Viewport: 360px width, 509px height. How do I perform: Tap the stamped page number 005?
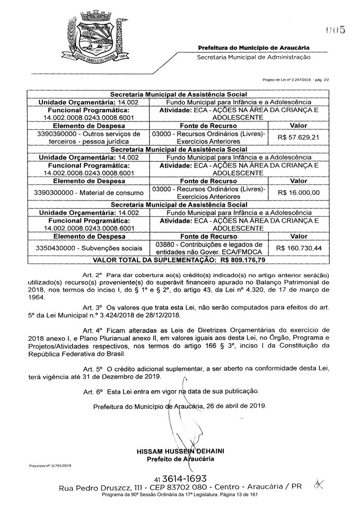(336, 30)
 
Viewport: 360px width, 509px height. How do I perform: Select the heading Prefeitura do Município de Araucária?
(254, 48)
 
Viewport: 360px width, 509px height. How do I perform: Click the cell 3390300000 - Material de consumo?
(89, 192)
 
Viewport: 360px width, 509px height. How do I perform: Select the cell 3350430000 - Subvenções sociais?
(89, 248)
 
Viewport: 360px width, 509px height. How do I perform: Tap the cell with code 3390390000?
(89, 137)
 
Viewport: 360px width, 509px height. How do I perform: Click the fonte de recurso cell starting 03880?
(208, 248)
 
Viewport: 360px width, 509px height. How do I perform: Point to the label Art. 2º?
(92, 276)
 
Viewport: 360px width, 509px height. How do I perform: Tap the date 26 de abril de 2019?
(235, 406)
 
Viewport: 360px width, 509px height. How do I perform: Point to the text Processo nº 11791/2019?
(50, 466)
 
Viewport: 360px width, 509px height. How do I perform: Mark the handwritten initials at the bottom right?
(319, 484)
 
